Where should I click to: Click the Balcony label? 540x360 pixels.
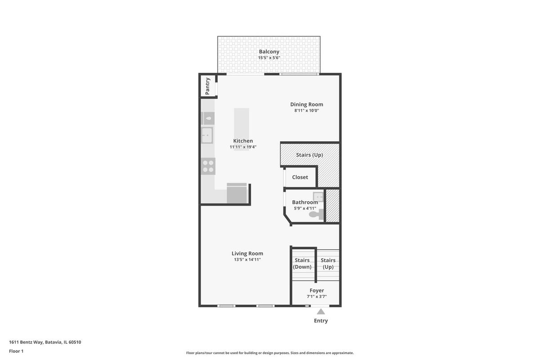(x=269, y=52)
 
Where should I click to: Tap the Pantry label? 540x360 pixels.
(x=207, y=86)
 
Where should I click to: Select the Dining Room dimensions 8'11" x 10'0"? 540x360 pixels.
(x=306, y=111)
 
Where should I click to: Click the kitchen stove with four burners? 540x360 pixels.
(x=208, y=166)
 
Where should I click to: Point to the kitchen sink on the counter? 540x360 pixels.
(x=207, y=135)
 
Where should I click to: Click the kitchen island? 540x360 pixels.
(x=242, y=129)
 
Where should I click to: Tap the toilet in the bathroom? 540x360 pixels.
(x=316, y=214)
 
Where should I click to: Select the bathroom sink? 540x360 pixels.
(x=318, y=197)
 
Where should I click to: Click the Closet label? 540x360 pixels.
(x=300, y=177)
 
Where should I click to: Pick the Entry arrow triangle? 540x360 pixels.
(x=320, y=312)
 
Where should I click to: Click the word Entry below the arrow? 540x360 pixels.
(x=321, y=321)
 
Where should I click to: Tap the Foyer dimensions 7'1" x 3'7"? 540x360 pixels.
(x=317, y=297)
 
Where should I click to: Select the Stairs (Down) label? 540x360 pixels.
(x=302, y=264)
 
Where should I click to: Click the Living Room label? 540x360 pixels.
(x=247, y=253)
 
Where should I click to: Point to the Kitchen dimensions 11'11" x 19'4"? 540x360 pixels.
(x=243, y=147)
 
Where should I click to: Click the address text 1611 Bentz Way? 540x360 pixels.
(x=26, y=342)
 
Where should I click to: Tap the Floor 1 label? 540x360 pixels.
(x=16, y=351)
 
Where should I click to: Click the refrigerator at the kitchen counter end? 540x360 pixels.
(x=237, y=193)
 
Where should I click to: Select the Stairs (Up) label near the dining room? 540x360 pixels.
(x=310, y=155)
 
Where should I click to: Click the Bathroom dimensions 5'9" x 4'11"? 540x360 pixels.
(x=305, y=208)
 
